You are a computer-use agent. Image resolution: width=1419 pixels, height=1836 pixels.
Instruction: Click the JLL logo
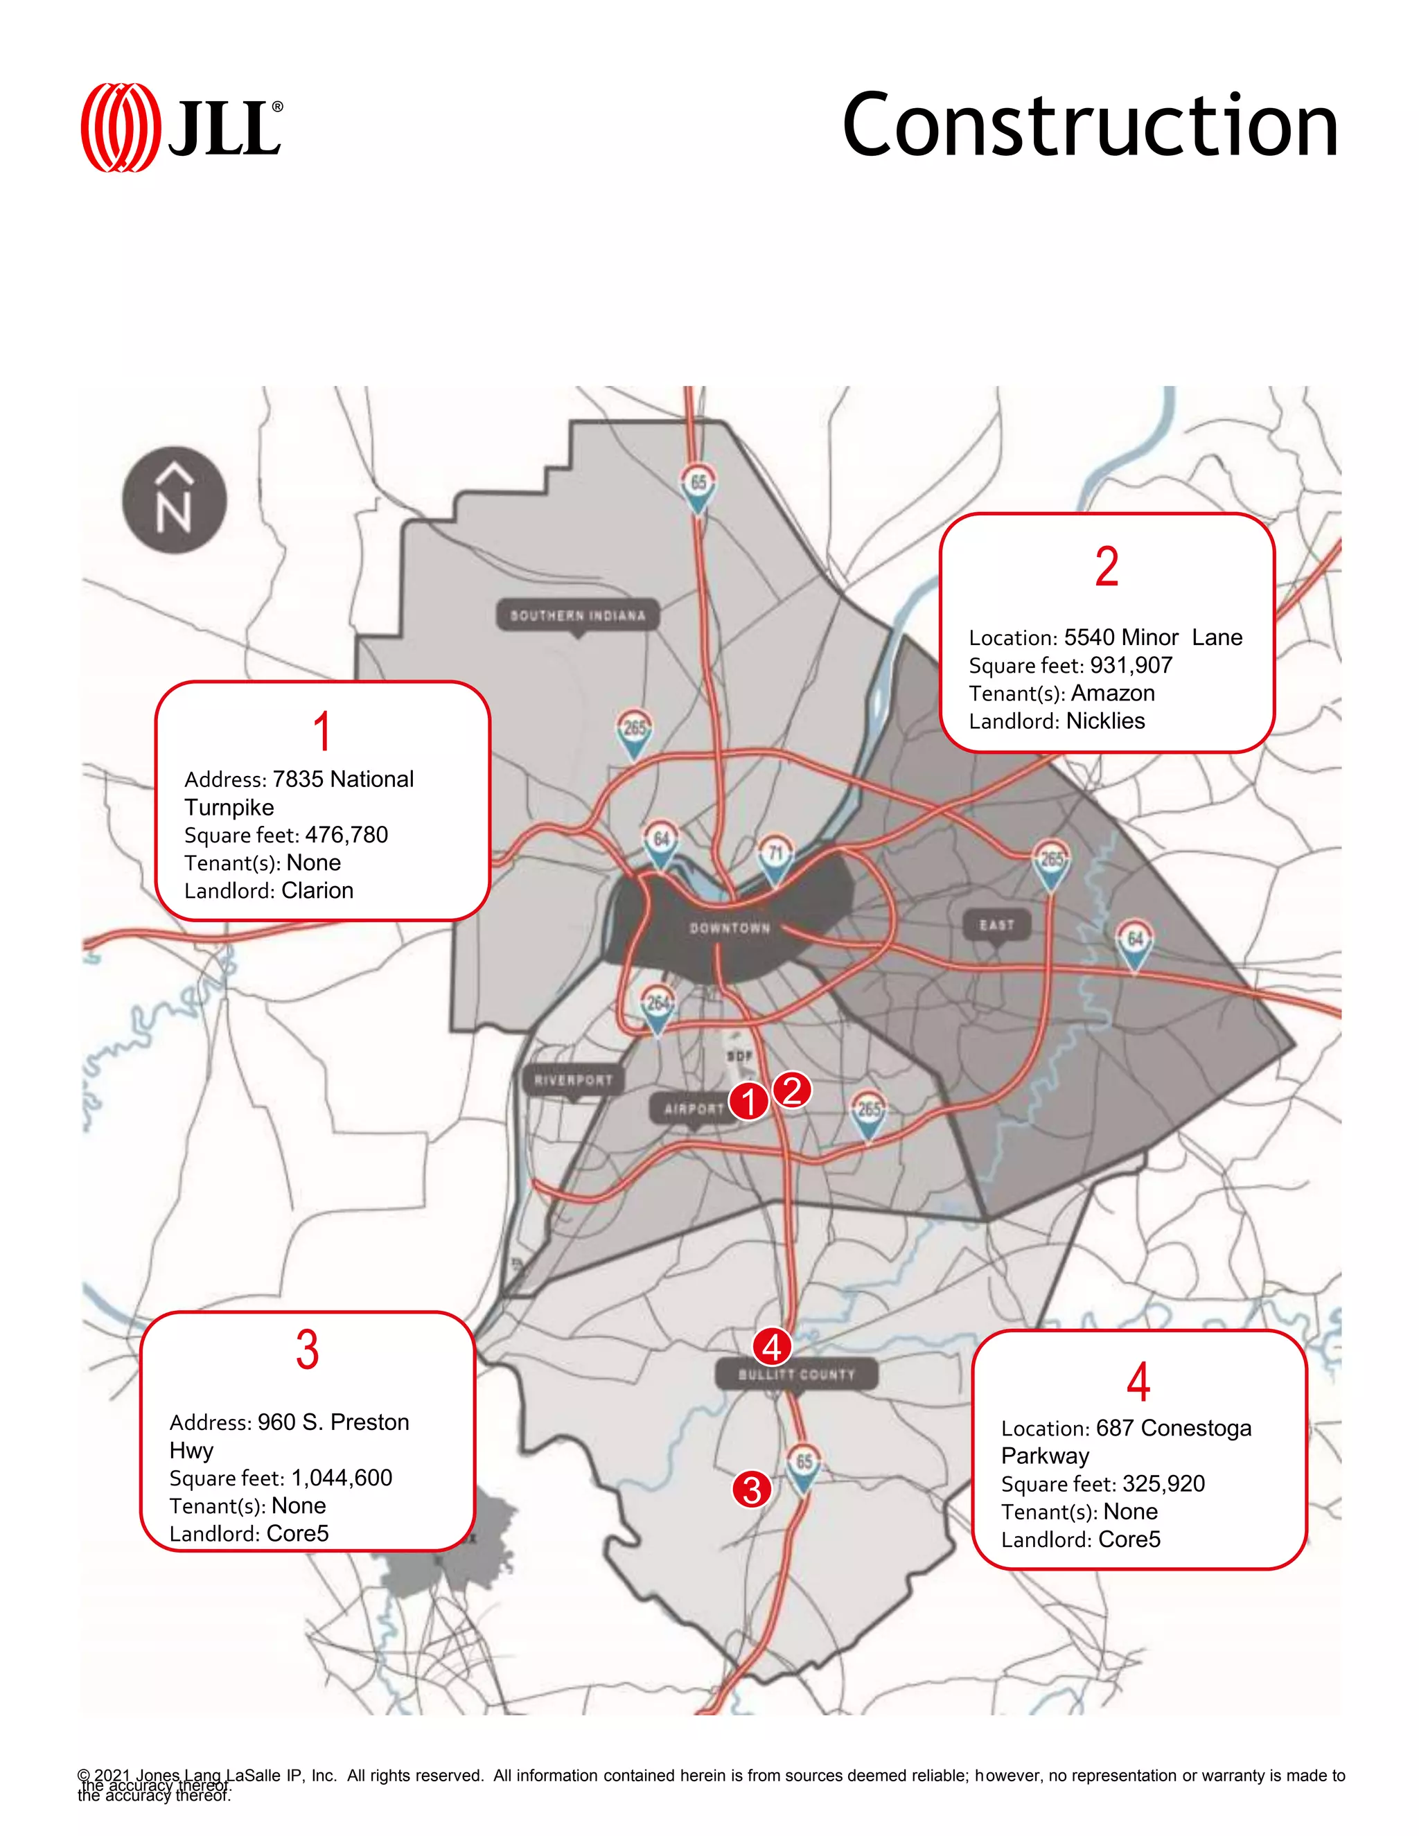coord(182,127)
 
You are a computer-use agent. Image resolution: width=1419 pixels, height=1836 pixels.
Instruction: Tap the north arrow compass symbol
coord(174,500)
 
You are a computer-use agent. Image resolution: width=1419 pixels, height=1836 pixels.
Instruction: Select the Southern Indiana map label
coord(578,615)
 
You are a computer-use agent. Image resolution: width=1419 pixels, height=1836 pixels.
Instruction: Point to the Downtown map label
coord(730,928)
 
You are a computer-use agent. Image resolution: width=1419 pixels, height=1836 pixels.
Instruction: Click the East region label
coord(996,925)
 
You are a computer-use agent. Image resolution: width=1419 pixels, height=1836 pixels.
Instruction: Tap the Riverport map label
coord(573,1080)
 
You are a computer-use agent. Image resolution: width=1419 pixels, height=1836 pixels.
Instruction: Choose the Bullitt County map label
coord(796,1375)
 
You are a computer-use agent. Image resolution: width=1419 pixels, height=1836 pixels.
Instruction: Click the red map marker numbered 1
coord(748,1102)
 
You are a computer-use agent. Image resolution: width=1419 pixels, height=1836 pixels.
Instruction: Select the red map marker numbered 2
coord(792,1091)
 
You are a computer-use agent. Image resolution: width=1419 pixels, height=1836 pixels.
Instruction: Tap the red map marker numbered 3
coord(752,1490)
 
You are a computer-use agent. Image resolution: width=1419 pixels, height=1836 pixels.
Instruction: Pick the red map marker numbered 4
coord(772,1348)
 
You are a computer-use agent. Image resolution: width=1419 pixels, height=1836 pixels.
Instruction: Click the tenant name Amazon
coord(1112,694)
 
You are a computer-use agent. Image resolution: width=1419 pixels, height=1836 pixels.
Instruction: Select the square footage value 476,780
coord(346,835)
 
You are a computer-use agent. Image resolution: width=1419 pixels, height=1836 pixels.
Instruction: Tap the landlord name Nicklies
coord(1104,721)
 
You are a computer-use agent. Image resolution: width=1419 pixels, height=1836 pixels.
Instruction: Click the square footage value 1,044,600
coord(342,1478)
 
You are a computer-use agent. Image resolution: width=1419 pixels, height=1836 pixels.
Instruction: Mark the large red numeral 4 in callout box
coord(1138,1382)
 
